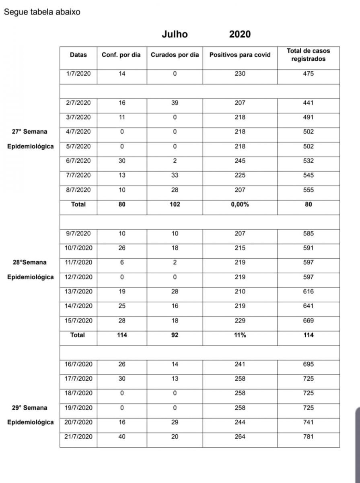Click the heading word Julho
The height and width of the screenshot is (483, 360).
coord(175,34)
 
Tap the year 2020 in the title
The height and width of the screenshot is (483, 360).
coord(240,34)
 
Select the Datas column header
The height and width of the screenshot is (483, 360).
coord(78,55)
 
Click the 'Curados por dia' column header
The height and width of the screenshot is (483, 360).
coord(175,55)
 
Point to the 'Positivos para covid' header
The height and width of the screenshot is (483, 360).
coord(240,55)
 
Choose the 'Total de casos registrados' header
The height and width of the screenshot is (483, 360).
coord(308,55)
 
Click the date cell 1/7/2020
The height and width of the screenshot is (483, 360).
coord(78,74)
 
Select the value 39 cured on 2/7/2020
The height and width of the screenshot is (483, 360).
coord(175,103)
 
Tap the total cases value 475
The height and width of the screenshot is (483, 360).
coord(308,74)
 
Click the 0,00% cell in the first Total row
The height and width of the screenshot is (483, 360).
coord(240,204)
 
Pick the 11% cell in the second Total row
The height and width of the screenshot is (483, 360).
coord(240,335)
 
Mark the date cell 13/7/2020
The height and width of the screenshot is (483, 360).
coord(78,291)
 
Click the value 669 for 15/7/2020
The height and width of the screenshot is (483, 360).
coord(308,321)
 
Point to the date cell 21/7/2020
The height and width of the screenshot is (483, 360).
coord(78,437)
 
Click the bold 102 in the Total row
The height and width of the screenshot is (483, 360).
coord(175,204)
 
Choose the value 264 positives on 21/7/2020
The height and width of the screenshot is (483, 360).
coord(240,437)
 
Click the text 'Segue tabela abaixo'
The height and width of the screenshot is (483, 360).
coord(42,12)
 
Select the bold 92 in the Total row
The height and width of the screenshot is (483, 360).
coord(175,335)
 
